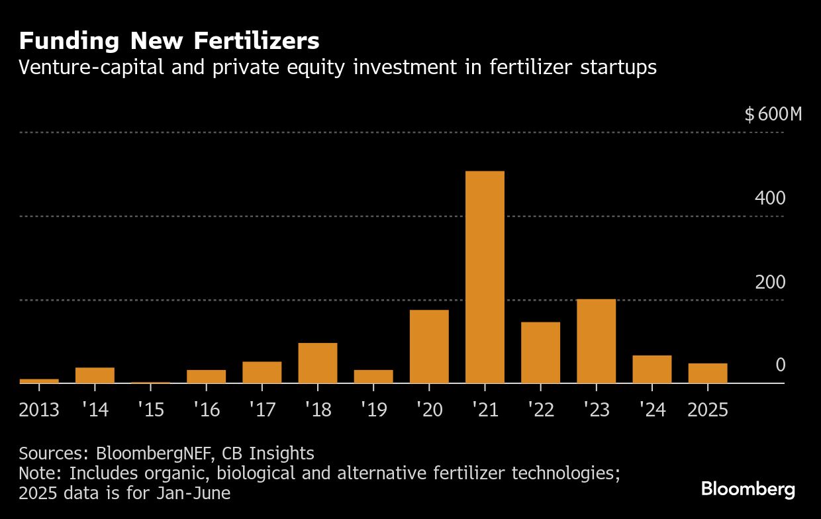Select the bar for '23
tap(596, 341)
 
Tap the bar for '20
tap(429, 346)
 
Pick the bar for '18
tap(318, 363)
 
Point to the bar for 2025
tap(707, 373)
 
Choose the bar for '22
tap(540, 352)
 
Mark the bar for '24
tap(652, 369)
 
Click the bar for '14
tap(95, 375)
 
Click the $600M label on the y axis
tap(773, 115)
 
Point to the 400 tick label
tap(769, 199)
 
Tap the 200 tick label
tap(769, 283)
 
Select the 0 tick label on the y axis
tap(780, 365)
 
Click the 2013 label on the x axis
tap(39, 410)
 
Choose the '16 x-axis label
tap(206, 410)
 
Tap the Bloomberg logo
tap(748, 490)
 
